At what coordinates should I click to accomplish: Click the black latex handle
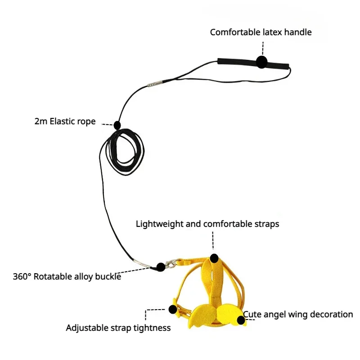click(238, 62)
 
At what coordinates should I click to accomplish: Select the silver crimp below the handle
click(154, 84)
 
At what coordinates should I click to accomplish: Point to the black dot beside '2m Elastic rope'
click(117, 125)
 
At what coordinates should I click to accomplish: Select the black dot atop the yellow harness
click(214, 258)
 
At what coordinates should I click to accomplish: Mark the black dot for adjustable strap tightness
click(172, 309)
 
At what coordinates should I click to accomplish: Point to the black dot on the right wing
click(242, 320)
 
